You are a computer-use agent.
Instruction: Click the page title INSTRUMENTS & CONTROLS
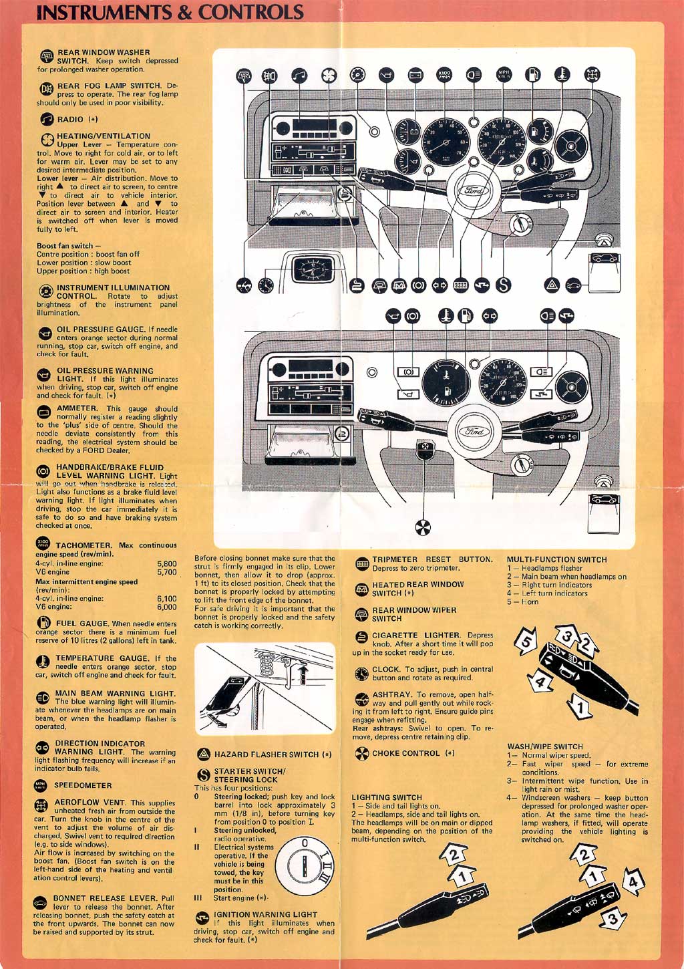[170, 12]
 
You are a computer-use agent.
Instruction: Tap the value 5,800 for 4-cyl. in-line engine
[166, 564]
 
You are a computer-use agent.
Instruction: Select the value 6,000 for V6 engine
[166, 607]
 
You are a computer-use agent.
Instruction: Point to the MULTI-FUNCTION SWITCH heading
[556, 560]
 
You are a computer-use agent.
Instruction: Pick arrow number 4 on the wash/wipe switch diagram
[633, 883]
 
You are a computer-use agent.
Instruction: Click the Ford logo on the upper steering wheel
[471, 189]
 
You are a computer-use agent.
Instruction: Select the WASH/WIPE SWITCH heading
[545, 746]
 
